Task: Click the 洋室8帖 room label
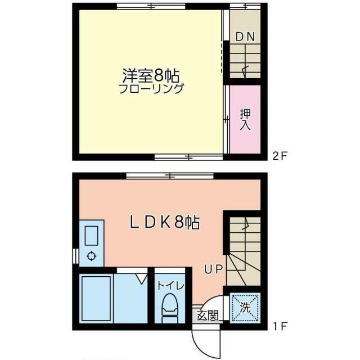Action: (x=151, y=76)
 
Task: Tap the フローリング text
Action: (x=151, y=89)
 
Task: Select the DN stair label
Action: (x=245, y=37)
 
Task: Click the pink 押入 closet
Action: (x=245, y=119)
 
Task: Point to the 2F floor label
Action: (x=280, y=156)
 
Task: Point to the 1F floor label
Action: (x=280, y=326)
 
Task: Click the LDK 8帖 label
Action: (x=165, y=223)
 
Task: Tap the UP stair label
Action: (x=214, y=269)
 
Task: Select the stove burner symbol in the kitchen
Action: (x=92, y=256)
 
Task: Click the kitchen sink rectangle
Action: (x=92, y=236)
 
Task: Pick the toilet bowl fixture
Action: (x=170, y=308)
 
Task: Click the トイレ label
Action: (x=171, y=286)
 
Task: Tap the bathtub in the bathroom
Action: (x=97, y=299)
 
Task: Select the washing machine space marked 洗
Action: (x=245, y=308)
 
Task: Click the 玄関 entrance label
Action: (x=208, y=316)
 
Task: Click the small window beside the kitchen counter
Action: (x=74, y=256)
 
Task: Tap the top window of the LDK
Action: (x=170, y=176)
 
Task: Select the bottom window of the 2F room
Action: (x=189, y=157)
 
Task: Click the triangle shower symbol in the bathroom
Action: (x=142, y=279)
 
